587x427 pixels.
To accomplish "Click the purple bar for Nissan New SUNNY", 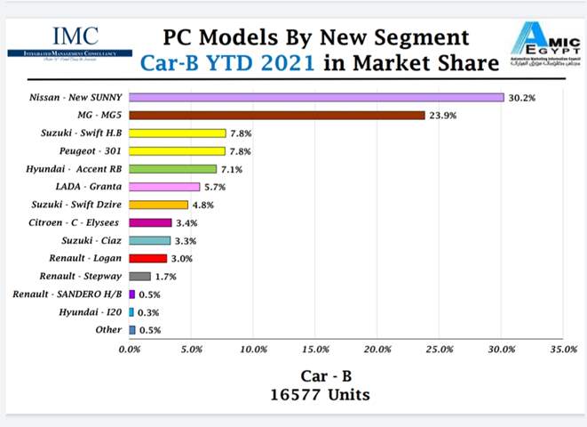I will (316, 97).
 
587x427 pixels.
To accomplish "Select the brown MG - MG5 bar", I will (277, 115).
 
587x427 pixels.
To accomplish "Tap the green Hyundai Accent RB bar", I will (173, 169).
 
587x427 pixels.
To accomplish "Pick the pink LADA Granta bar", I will (164, 187).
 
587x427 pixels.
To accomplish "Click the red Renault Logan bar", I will (147, 258).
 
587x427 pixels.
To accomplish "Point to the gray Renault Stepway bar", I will (139, 276).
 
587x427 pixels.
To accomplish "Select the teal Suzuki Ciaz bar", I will (149, 240).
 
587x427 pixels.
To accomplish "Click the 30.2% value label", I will (522, 97).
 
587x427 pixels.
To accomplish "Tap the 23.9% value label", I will (444, 115).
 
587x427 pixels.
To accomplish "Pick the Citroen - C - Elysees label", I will (81, 222).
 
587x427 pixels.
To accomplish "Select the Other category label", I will (108, 330).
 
